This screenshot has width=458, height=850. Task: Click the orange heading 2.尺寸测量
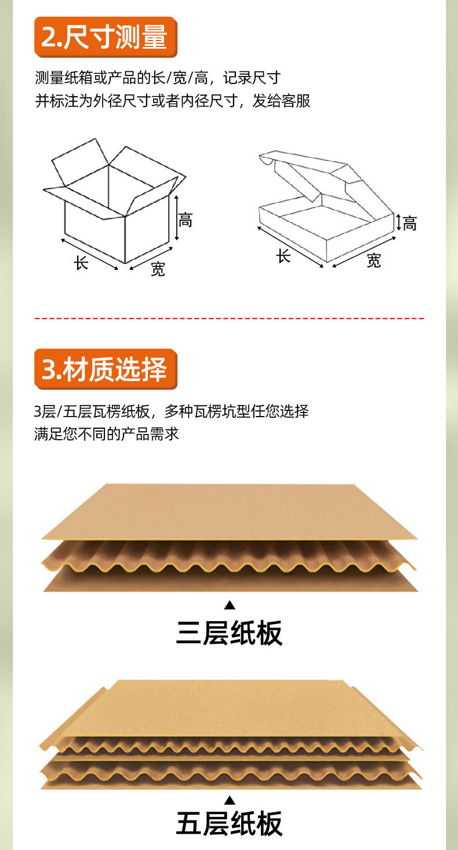tap(106, 37)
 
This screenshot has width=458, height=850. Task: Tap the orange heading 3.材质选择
tap(106, 369)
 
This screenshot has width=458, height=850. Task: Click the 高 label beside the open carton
tap(186, 220)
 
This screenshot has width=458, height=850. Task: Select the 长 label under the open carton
tap(81, 262)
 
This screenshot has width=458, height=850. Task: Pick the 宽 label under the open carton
tap(158, 269)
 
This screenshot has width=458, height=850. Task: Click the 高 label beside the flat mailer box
tap(410, 223)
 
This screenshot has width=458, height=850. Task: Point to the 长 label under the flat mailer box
tap(283, 256)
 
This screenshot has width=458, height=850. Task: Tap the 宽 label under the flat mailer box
tap(374, 261)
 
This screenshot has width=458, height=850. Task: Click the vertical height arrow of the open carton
tap(176, 218)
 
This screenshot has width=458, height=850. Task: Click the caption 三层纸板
tap(229, 633)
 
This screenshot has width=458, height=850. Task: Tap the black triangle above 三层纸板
tap(230, 605)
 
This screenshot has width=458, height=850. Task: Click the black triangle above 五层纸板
tap(230, 800)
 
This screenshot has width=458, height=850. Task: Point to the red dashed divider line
tap(229, 318)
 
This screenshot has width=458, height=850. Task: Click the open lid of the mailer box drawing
tap(313, 174)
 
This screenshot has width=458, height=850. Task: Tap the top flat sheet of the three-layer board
tap(229, 510)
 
